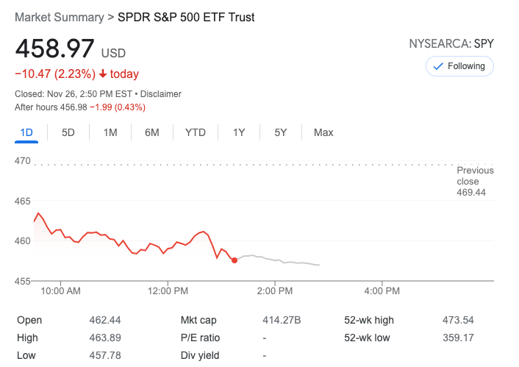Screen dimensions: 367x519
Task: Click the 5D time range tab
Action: (68, 132)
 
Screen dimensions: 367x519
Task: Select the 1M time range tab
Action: (110, 132)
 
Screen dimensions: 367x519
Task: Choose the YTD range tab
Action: (195, 132)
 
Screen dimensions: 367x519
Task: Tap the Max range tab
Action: (323, 132)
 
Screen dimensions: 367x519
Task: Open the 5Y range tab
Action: (280, 132)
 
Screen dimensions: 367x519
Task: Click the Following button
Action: (459, 66)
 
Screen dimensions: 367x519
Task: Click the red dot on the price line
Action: (234, 260)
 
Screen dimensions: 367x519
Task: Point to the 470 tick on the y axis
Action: (23, 160)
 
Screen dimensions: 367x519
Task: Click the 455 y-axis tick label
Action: (23, 281)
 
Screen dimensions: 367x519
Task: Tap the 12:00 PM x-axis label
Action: (168, 291)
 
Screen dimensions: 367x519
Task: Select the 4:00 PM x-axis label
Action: (382, 291)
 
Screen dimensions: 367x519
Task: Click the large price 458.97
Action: (55, 49)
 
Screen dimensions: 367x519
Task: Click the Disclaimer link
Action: (161, 94)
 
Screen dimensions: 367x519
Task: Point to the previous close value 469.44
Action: (472, 193)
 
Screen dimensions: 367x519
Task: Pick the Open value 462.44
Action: (104, 320)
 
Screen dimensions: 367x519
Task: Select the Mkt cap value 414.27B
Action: (282, 320)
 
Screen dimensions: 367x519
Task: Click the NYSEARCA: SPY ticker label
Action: (451, 44)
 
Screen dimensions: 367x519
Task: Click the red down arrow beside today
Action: (103, 74)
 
